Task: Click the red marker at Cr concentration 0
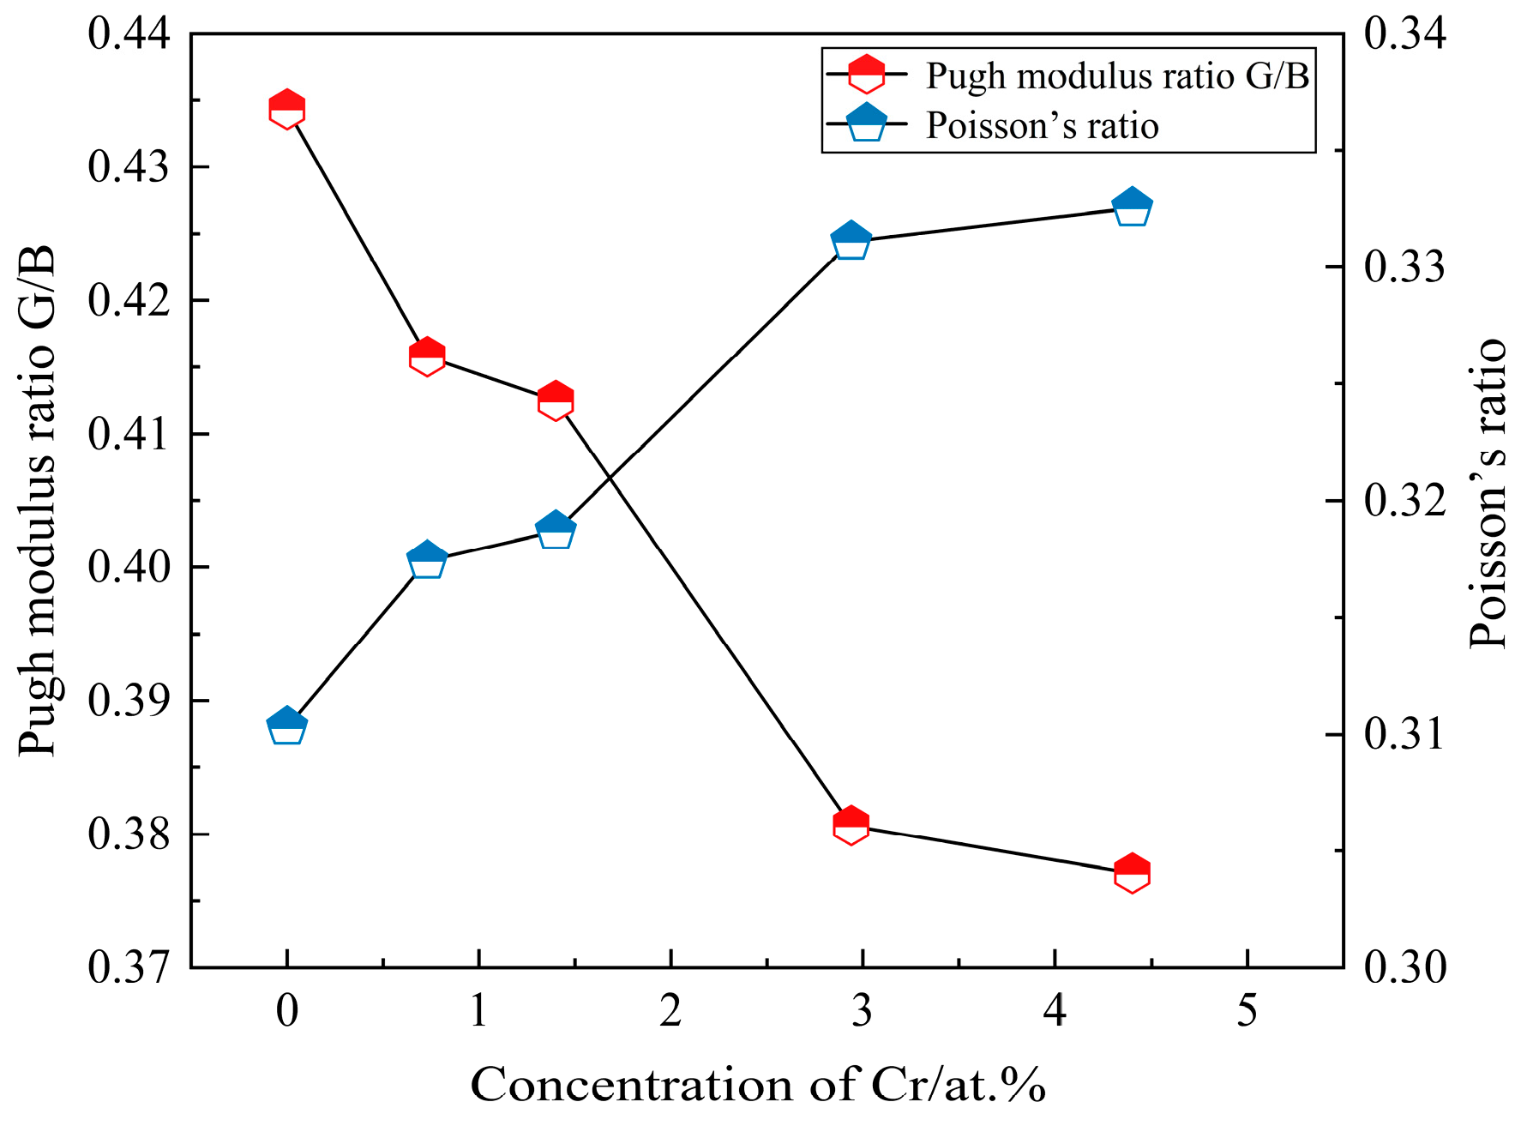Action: pos(286,109)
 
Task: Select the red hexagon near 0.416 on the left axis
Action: pos(426,357)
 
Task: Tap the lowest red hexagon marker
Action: pos(1132,873)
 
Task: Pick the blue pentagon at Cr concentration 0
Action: pos(286,726)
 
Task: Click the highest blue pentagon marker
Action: pos(1132,207)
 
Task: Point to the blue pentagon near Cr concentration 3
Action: pos(851,241)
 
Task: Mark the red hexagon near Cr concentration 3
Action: pos(851,825)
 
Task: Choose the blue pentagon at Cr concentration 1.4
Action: pos(556,530)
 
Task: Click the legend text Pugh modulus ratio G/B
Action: pos(1117,76)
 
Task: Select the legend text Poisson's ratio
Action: pos(1042,126)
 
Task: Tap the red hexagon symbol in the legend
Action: pos(866,75)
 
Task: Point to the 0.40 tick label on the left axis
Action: pos(129,568)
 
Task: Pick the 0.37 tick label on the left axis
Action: pos(129,967)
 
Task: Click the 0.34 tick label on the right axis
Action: pos(1404,34)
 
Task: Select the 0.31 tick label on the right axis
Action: pos(1404,735)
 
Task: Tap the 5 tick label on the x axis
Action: pos(1247,1012)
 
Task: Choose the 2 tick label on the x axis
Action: pos(670,1012)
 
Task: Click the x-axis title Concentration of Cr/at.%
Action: pos(758,1085)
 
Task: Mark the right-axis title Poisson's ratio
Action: pos(1488,494)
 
